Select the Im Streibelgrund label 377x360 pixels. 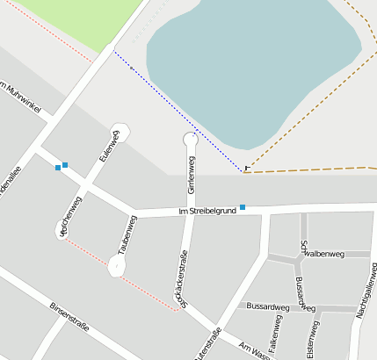(x=207, y=211)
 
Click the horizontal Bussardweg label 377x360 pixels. (x=268, y=307)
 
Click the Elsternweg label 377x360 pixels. (x=311, y=340)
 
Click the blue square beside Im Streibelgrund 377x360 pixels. (x=243, y=207)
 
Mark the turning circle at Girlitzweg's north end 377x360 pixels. (x=191, y=139)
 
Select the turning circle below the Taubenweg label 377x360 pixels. (x=116, y=265)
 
